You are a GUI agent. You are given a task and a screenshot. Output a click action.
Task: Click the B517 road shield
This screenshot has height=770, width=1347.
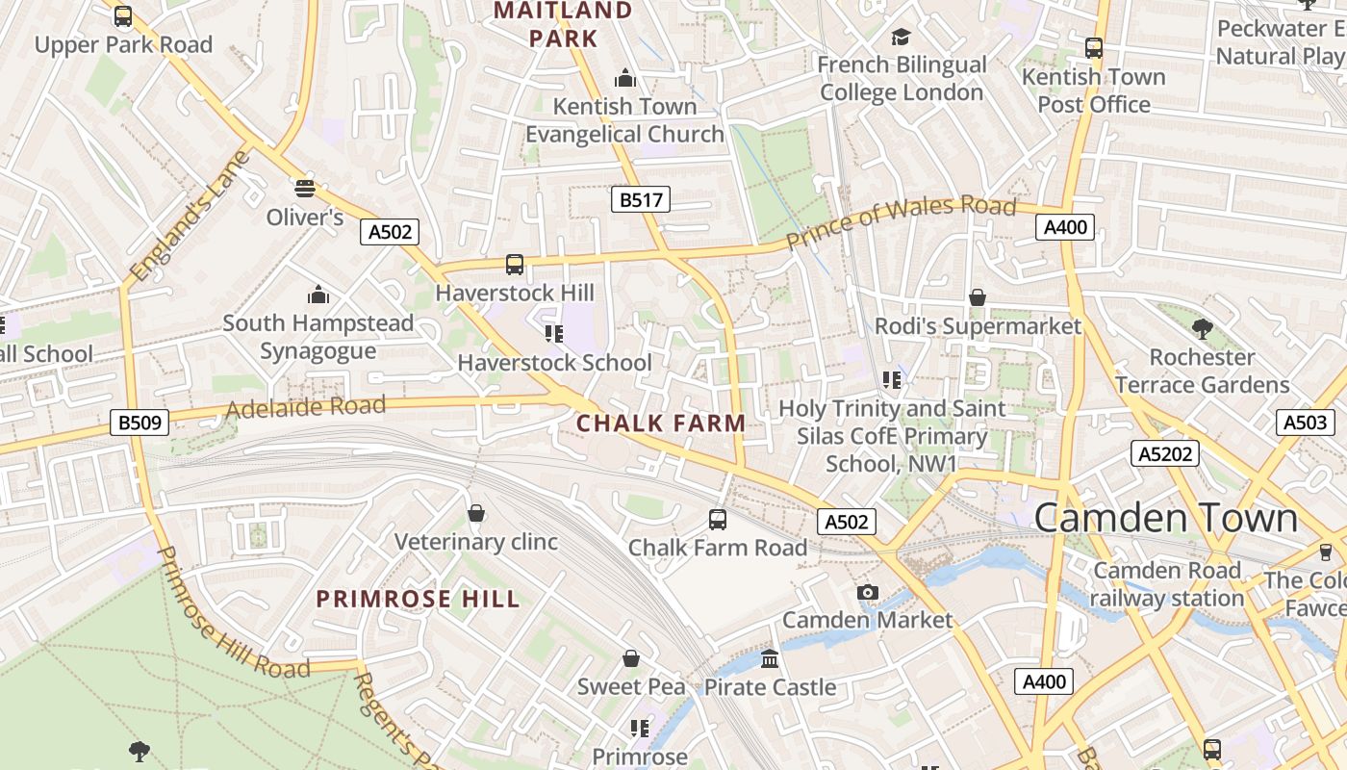pyautogui.click(x=640, y=199)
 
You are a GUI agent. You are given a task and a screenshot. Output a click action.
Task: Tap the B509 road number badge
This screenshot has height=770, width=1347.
pyautogui.click(x=140, y=422)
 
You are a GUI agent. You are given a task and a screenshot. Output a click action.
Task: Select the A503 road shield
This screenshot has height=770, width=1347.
pyautogui.click(x=1305, y=422)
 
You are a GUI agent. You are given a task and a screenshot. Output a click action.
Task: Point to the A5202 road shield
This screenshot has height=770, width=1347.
pyautogui.click(x=1165, y=453)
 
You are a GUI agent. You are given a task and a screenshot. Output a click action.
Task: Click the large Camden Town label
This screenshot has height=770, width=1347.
pyautogui.click(x=1165, y=518)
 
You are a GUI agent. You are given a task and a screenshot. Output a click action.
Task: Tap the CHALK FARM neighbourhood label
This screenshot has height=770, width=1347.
pyautogui.click(x=661, y=423)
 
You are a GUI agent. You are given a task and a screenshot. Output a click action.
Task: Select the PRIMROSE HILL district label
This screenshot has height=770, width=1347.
pyautogui.click(x=418, y=599)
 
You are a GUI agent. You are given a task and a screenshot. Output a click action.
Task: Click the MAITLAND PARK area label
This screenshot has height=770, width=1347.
pyautogui.click(x=563, y=25)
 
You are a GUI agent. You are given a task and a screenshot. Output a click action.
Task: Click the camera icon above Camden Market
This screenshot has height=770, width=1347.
pyautogui.click(x=868, y=592)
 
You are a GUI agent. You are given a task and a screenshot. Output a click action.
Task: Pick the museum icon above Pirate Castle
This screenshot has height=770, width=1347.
pyautogui.click(x=770, y=659)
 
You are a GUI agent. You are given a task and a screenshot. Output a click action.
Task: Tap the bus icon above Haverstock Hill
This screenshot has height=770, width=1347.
pyautogui.click(x=515, y=264)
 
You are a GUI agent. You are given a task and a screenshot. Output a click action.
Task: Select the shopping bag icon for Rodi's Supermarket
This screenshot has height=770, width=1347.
pyautogui.click(x=978, y=297)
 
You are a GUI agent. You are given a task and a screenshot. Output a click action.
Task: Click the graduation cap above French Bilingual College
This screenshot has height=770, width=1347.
pyautogui.click(x=901, y=37)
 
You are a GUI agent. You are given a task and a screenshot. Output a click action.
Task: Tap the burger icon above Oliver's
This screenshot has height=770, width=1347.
pyautogui.click(x=305, y=188)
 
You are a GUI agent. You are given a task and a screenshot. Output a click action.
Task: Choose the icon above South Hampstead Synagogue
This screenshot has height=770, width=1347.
pyautogui.click(x=318, y=295)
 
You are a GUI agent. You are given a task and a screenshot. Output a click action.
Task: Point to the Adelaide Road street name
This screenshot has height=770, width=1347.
pyautogui.click(x=305, y=408)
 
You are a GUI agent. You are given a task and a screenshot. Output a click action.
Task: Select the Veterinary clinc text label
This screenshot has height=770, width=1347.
pyautogui.click(x=475, y=542)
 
